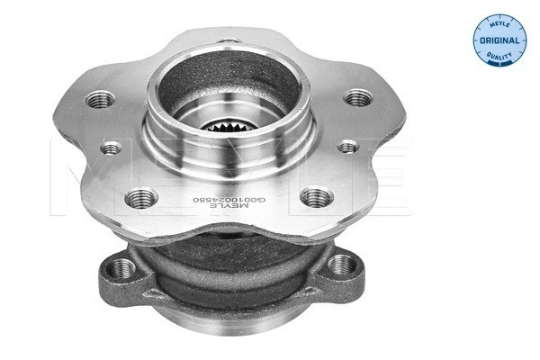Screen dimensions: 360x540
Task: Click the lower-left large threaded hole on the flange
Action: click(141, 198)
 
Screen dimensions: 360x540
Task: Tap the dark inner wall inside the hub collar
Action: click(193, 90)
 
